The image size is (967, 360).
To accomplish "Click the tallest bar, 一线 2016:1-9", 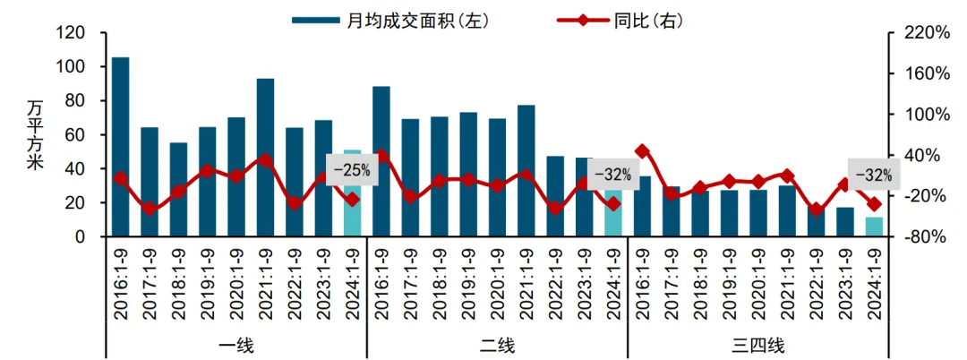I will point(120,147).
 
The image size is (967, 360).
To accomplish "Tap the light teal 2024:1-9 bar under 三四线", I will point(874,227).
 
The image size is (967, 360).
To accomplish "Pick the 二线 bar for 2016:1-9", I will point(381,161).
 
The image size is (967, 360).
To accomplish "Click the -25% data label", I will point(352,169).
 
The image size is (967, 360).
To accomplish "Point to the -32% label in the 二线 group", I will point(613,174).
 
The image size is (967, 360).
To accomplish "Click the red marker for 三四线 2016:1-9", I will point(642,151).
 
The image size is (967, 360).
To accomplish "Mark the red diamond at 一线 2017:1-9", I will point(149,210).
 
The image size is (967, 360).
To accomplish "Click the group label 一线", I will point(236,346).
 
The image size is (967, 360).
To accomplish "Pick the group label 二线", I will point(497,346).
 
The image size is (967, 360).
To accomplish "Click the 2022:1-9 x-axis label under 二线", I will point(555,281).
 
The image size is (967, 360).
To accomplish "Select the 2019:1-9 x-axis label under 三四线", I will point(729,281).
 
